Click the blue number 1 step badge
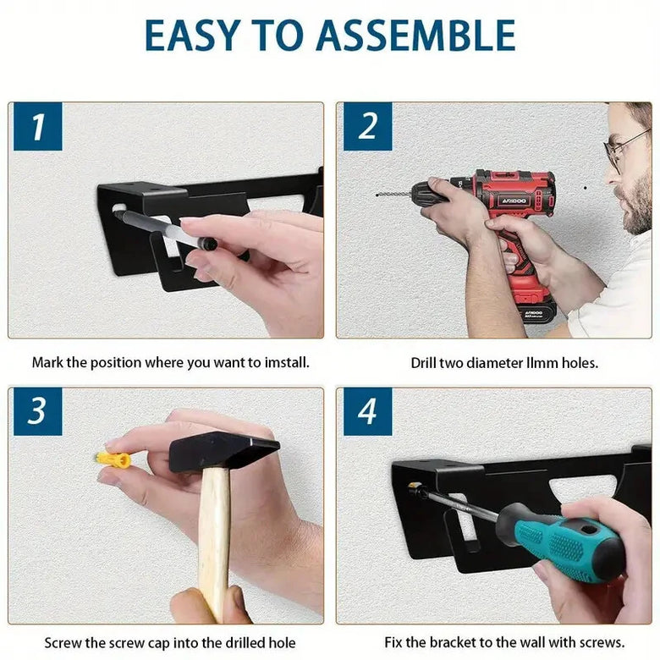pos(38,126)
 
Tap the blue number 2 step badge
pos(368,126)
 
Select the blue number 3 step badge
pos(38,411)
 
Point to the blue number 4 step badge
pos(368,411)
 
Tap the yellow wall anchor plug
pos(113,460)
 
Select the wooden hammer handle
pos(214,543)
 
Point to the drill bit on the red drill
pos(393,195)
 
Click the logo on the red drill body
pos(514,201)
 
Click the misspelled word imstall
pos(287,362)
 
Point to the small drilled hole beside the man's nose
pos(585,188)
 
